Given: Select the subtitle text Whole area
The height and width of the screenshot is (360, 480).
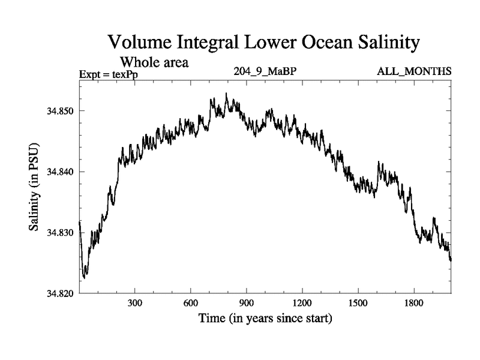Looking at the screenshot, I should point(155,62).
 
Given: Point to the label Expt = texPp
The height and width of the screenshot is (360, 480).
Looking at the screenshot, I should point(108,74).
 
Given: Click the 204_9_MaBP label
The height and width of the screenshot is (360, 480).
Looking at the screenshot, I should point(265,71).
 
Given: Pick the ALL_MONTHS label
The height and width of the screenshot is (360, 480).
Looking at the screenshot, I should point(414,71).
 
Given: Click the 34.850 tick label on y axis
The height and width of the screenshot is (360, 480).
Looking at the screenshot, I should point(60,111).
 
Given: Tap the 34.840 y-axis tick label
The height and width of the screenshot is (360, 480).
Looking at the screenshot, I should point(60,172).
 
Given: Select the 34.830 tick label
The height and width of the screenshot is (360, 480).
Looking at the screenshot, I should point(60,233).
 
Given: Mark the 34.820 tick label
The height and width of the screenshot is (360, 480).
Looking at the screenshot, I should point(60,293).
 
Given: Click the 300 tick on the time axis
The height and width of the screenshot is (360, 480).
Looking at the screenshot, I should point(135,304).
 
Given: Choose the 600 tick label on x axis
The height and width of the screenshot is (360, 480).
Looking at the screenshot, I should point(191,304).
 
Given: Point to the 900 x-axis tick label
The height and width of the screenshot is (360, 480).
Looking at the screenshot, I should point(247,304).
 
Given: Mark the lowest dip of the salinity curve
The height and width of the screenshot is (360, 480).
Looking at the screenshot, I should point(84,278).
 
